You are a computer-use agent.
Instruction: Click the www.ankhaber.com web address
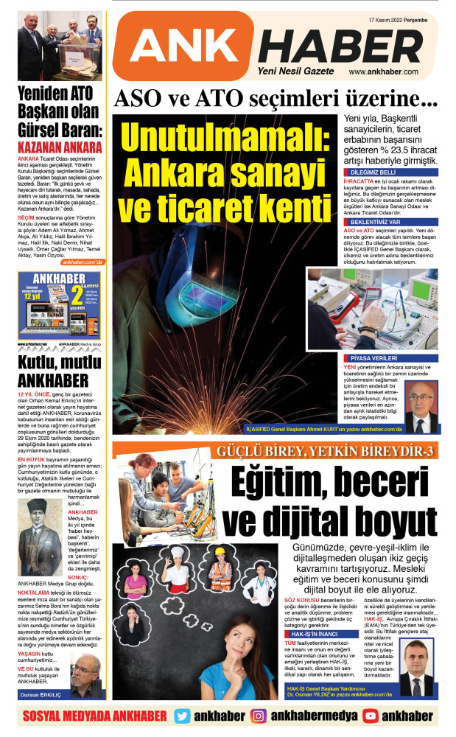point(383,71)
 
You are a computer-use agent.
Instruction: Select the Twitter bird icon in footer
point(181,716)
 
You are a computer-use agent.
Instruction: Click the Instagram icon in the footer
point(259,716)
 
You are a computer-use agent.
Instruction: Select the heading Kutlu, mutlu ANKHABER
point(59,372)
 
